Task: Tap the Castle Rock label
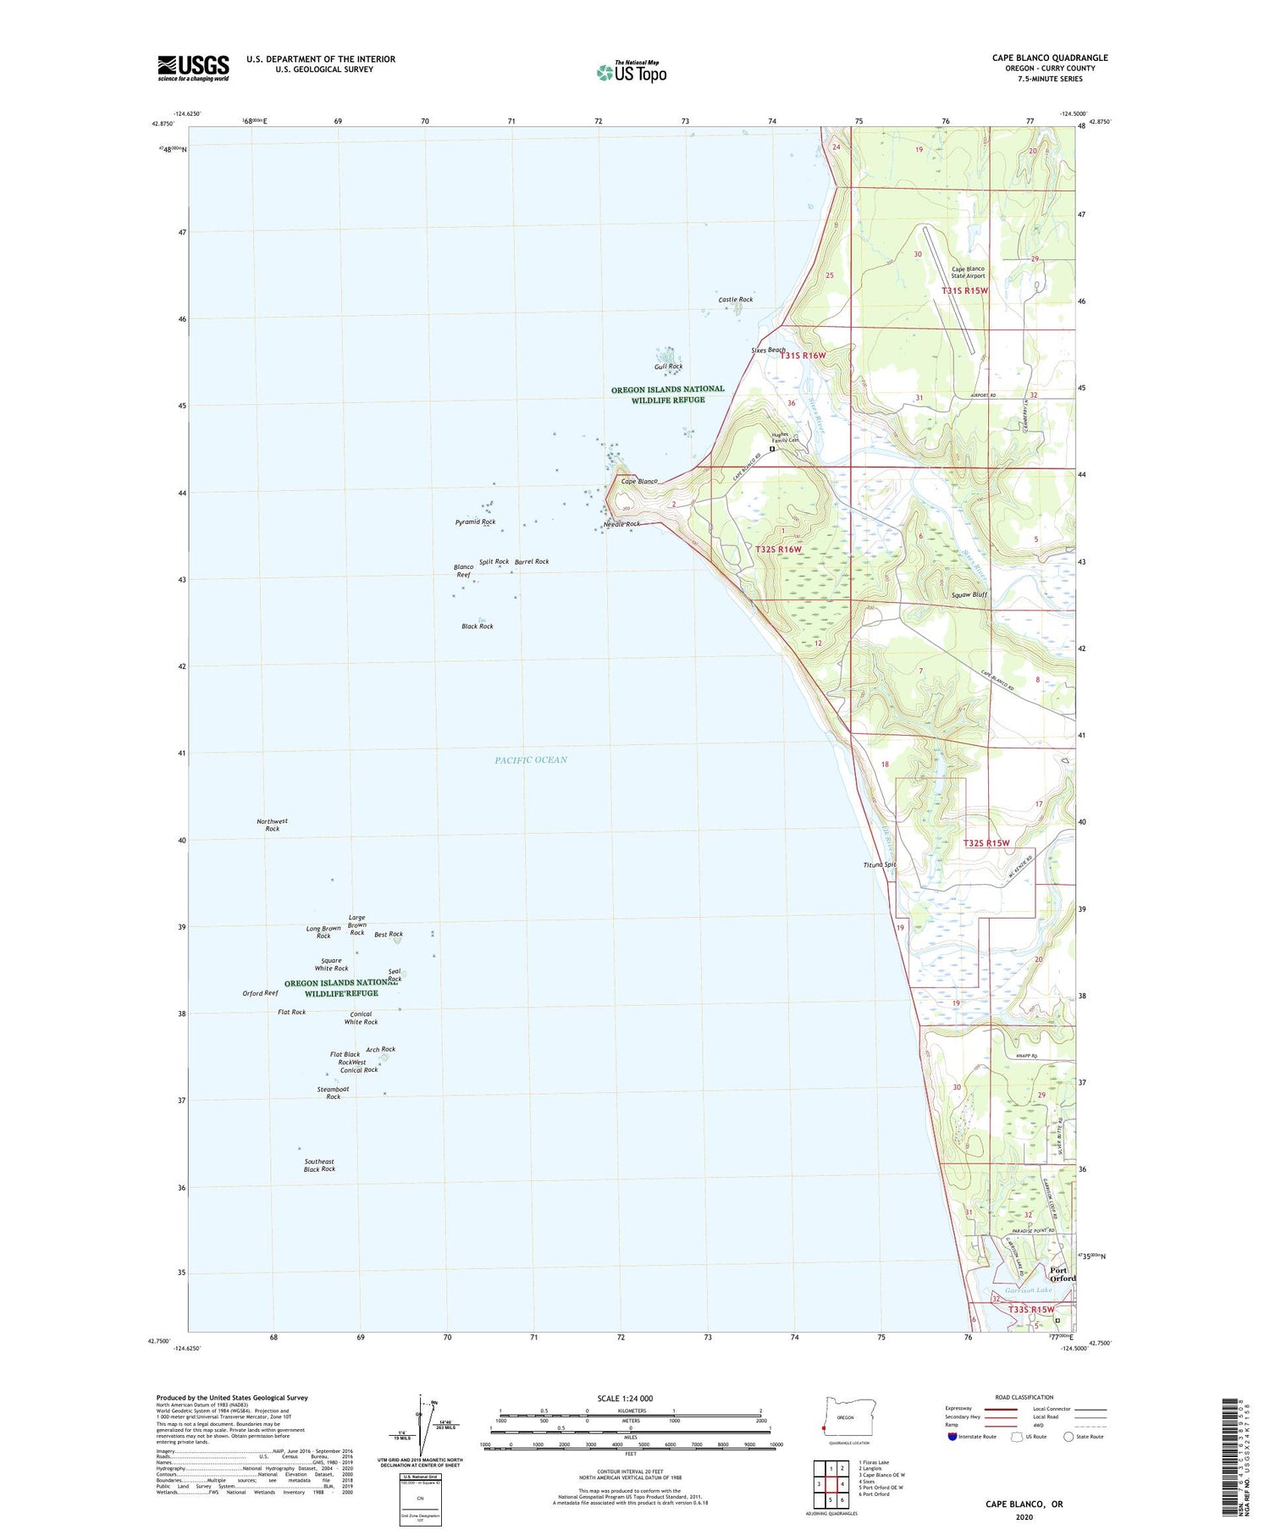click(735, 300)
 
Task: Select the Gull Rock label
click(668, 367)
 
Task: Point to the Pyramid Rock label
click(475, 522)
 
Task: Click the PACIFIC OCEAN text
click(531, 759)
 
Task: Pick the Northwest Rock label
click(272, 825)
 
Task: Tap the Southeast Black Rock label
click(319, 1165)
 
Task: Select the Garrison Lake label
click(1025, 1290)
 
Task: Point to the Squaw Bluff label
click(969, 594)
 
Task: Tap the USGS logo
click(193, 68)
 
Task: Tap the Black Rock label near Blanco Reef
click(477, 627)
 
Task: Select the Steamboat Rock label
click(333, 1092)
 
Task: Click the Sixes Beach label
click(768, 350)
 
